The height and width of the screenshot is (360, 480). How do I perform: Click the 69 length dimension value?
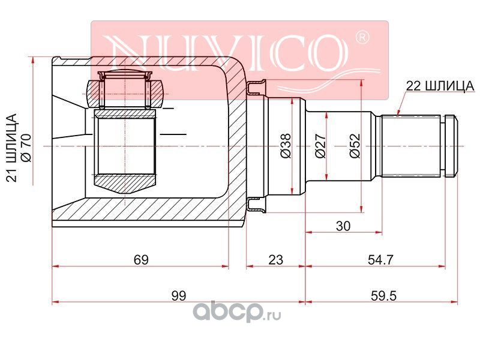click(141, 260)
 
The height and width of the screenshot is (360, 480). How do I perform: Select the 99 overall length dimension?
click(178, 296)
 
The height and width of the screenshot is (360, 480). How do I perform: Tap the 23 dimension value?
click(275, 260)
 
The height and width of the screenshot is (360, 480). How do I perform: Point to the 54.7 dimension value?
click(380, 260)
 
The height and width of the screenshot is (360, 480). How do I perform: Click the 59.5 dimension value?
click(383, 296)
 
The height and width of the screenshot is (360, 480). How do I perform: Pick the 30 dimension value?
click(343, 226)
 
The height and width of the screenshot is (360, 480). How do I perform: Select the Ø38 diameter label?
click(286, 146)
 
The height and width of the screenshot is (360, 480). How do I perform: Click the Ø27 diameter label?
click(320, 146)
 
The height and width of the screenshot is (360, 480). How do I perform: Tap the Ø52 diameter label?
click(355, 146)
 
